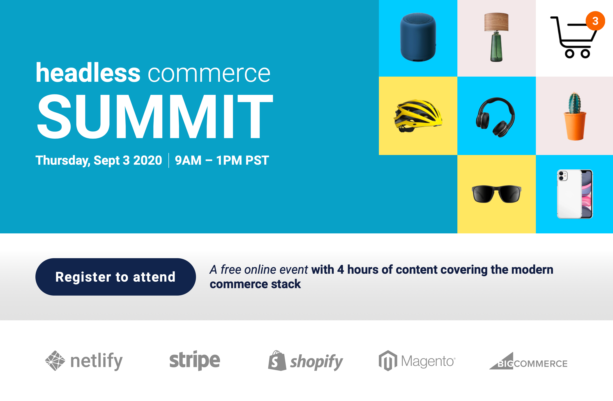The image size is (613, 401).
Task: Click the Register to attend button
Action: point(116,277)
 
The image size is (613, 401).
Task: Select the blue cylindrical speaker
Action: point(418,37)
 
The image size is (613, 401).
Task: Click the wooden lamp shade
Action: point(496,22)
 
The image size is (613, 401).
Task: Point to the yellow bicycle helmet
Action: point(418,116)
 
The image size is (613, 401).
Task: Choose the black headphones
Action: point(495,117)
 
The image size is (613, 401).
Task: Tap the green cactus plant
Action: point(575,103)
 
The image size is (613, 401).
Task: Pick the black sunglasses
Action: point(496,194)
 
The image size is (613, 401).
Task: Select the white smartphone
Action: point(575,194)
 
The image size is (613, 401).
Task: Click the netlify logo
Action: point(84,361)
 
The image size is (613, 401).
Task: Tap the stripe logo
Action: point(195,360)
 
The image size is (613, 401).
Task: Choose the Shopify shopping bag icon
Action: point(277,360)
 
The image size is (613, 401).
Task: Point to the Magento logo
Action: point(417,361)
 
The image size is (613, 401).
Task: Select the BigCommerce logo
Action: point(528,361)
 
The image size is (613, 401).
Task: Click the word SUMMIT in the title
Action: point(155,116)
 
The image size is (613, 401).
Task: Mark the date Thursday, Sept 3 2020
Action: point(99,160)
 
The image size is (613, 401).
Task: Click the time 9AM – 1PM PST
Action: point(222,160)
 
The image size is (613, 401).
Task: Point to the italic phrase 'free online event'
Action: point(264,270)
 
